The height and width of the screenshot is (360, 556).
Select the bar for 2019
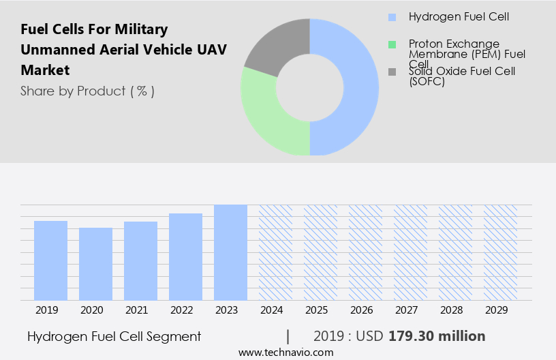pos(50,260)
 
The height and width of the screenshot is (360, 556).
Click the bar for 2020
pos(95,264)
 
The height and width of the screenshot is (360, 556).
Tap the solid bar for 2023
pos(230,252)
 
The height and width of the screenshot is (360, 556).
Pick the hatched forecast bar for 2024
pos(275,252)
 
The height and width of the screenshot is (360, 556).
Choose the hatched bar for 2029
pos(500,252)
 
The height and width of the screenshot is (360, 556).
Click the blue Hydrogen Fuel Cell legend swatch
pos(391,17)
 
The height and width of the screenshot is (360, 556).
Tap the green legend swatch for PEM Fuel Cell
pos(391,44)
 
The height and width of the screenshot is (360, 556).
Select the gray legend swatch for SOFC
pos(391,71)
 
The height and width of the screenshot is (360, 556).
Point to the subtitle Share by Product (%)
pos(87,91)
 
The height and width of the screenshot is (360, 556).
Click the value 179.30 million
pos(437,336)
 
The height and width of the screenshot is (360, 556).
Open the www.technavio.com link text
pos(285,352)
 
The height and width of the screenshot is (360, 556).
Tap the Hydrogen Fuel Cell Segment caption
pos(114,336)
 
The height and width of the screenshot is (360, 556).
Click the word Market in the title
pos(45,70)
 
